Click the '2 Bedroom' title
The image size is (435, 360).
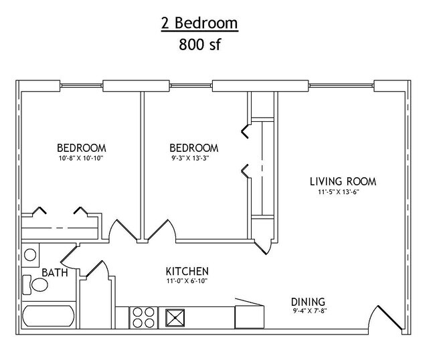(199, 23)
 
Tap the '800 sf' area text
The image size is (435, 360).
(199, 44)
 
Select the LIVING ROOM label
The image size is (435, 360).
(343, 181)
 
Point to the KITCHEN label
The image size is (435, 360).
(187, 271)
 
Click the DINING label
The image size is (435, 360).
(308, 302)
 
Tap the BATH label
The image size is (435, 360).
(55, 272)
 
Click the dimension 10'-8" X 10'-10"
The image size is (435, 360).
(81, 158)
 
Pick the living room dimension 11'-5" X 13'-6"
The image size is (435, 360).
(339, 191)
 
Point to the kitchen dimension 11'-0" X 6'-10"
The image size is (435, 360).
(187, 281)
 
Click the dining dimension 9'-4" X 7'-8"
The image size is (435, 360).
(310, 311)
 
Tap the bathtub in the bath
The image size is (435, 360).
(49, 316)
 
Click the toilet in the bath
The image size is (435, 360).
(35, 285)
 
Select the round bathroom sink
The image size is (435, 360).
(30, 255)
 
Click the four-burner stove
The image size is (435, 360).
(143, 317)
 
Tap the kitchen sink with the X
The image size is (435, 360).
(175, 318)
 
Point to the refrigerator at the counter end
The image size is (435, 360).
(250, 317)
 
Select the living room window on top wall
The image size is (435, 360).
(341, 86)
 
